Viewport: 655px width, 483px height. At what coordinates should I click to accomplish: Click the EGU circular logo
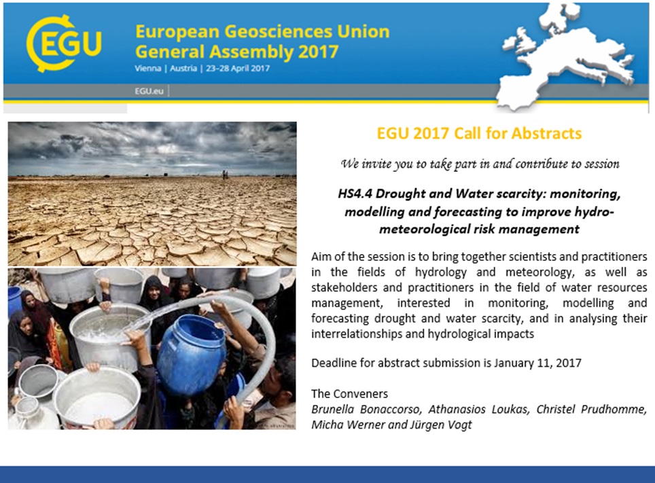[x=63, y=43]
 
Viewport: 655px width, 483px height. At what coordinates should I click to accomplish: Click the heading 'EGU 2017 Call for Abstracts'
[x=479, y=132]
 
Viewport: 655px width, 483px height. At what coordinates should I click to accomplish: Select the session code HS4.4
[x=358, y=194]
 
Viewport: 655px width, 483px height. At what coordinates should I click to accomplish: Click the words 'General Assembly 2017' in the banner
[x=236, y=52]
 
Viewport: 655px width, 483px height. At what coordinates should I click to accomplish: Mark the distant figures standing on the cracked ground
[x=225, y=175]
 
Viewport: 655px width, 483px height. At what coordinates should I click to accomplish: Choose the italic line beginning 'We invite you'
[x=480, y=164]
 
